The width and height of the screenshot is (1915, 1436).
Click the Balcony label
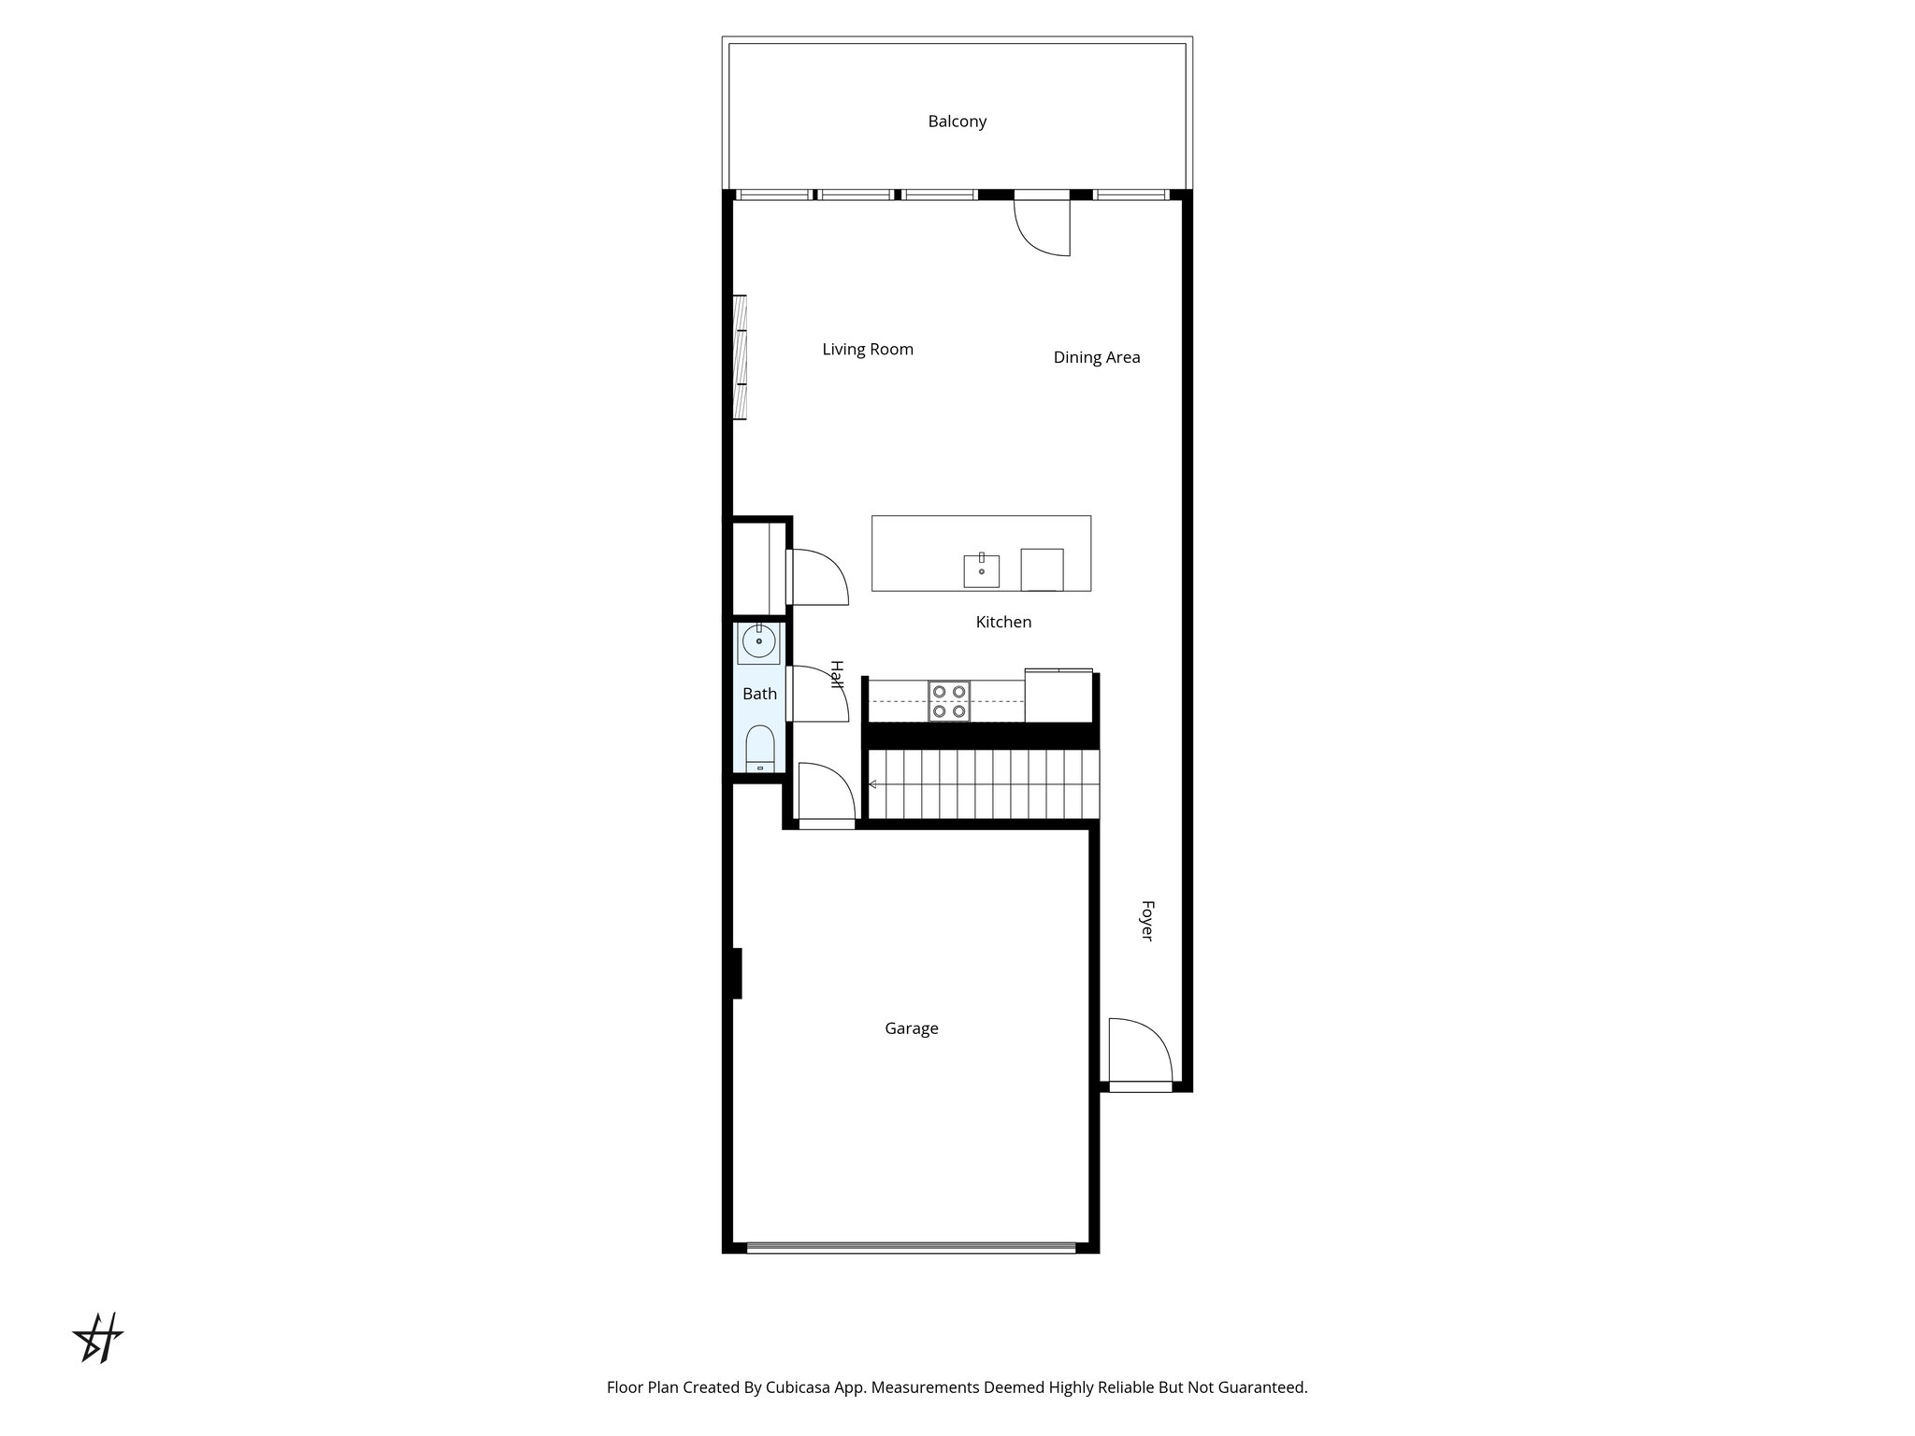coord(957,122)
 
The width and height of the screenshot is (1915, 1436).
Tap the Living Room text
coord(867,350)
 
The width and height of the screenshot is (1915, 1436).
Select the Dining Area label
coord(1096,357)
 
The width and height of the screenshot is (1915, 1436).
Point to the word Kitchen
coord(1003,622)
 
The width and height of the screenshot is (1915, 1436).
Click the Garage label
coord(911,1028)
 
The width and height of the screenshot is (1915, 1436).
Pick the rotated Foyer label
coord(1147,921)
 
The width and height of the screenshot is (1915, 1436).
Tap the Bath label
coord(759,694)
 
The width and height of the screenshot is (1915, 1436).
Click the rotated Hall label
coord(837,675)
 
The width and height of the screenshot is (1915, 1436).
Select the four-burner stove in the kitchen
coord(949,701)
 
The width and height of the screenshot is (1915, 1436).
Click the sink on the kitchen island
coord(981,570)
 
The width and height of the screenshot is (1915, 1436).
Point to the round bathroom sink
coord(757,641)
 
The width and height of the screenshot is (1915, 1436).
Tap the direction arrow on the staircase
coord(871,784)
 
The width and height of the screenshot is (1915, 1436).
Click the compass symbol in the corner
coord(98,1338)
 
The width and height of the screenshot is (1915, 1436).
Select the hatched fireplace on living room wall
coord(739,357)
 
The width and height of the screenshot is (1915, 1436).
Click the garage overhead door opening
coord(911,1246)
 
